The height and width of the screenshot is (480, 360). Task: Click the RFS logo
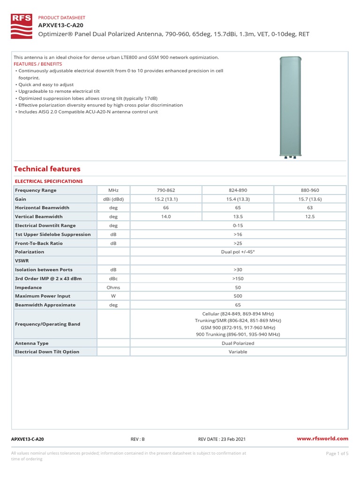22,26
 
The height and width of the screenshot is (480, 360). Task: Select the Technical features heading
47,169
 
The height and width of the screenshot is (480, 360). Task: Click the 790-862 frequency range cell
165,190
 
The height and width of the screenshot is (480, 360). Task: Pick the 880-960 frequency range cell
309,190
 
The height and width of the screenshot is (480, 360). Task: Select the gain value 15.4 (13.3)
238,199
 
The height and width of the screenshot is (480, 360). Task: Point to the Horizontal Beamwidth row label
42,208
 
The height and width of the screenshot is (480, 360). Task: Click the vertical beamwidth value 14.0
165,217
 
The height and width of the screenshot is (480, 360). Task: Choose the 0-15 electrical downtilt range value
238,225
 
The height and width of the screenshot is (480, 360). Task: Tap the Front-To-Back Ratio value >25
238,243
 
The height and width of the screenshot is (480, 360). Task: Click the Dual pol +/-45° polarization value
238,252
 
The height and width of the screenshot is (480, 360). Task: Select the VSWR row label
22,261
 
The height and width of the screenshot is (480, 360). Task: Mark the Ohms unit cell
113,287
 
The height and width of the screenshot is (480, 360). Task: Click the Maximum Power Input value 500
238,296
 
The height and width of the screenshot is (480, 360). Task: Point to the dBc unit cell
113,278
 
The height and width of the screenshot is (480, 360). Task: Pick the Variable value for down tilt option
238,352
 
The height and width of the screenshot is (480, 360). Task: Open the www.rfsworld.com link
323,439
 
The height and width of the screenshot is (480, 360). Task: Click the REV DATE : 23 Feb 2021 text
222,439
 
